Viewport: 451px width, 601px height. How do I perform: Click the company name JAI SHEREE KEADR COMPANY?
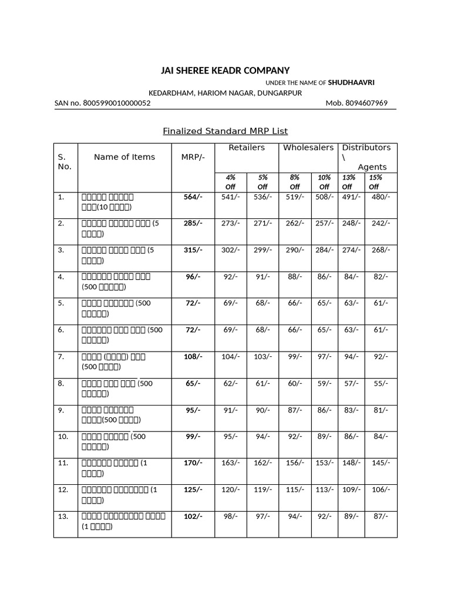pos(225,70)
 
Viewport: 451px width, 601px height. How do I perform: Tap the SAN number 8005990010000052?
pos(102,103)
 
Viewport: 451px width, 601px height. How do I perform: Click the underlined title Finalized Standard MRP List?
pos(225,131)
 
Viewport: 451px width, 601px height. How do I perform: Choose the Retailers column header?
pos(247,148)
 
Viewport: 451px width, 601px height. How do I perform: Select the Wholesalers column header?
pos(308,148)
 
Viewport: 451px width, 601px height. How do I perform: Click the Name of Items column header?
pos(124,157)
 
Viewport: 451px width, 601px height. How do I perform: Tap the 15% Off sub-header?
pos(375,182)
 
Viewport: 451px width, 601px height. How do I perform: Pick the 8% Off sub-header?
pos(295,182)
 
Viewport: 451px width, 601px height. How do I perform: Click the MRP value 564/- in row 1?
pos(193,197)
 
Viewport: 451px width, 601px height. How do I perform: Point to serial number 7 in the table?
pos(60,357)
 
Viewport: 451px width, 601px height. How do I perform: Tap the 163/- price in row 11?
pos(230,463)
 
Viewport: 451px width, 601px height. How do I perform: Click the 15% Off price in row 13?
pos(381,516)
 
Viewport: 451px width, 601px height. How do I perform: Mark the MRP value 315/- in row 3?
pos(193,250)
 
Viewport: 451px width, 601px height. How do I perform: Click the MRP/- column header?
pos(193,157)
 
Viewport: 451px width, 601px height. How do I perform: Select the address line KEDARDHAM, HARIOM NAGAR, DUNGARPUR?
pos(225,93)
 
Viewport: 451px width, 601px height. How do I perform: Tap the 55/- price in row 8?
pos(381,383)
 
